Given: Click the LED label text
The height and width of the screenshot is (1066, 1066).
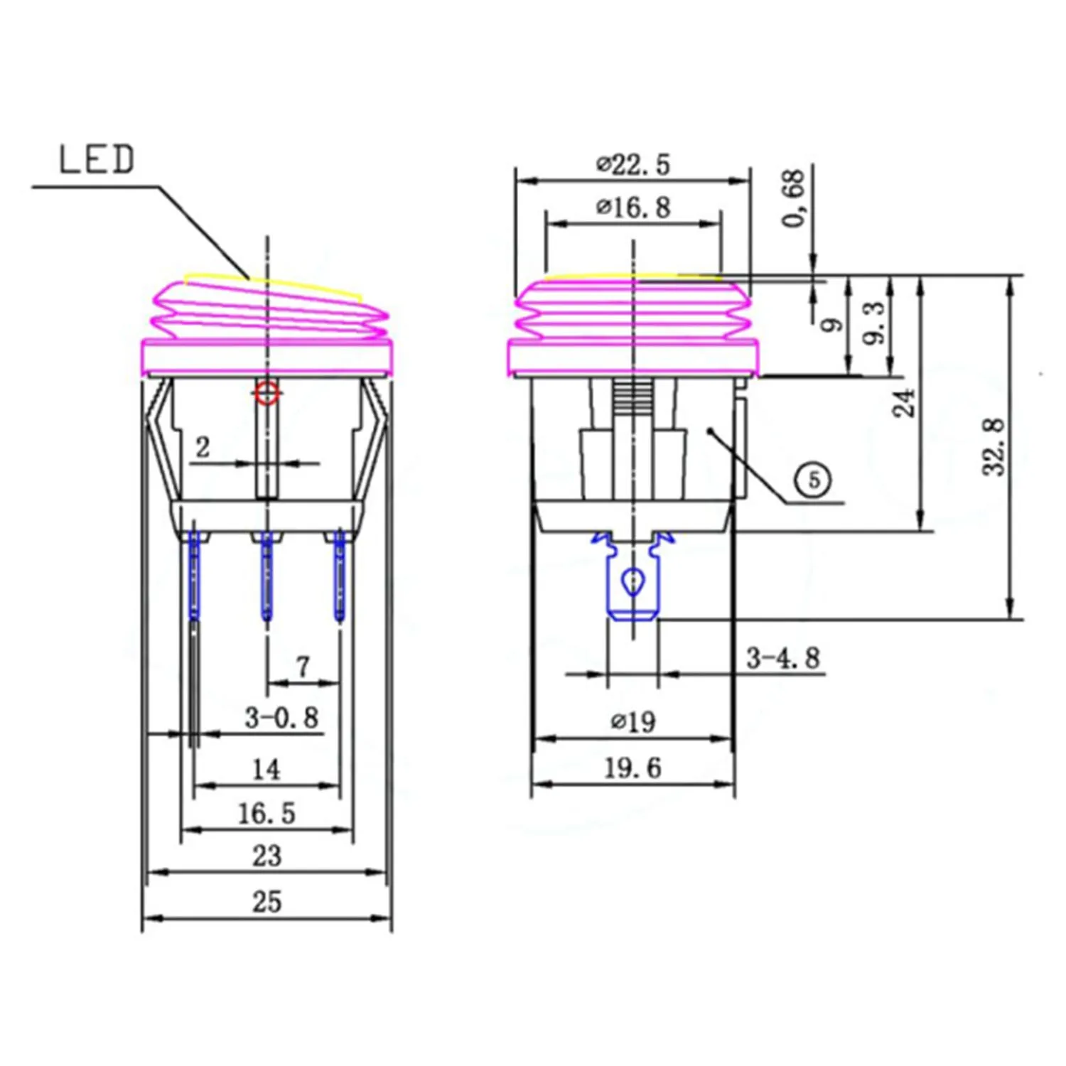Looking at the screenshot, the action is click(x=96, y=159).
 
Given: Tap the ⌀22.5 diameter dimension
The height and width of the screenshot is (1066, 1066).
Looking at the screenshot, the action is click(x=633, y=164).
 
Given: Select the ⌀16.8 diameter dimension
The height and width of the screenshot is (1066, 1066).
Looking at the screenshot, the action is click(x=633, y=207).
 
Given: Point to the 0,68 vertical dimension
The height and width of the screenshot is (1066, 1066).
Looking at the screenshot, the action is click(x=794, y=198).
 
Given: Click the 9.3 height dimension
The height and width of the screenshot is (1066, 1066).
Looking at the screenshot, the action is click(x=876, y=323).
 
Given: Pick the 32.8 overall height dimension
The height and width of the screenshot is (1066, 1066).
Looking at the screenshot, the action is click(x=995, y=446).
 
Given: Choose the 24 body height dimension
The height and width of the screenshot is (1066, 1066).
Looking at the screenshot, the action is click(x=905, y=402).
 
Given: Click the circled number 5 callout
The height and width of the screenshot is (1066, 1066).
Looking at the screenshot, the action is click(x=814, y=480).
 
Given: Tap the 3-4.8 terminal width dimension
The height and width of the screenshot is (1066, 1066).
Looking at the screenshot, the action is click(x=782, y=658).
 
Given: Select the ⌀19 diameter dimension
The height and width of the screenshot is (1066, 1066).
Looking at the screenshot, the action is click(x=633, y=722).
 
